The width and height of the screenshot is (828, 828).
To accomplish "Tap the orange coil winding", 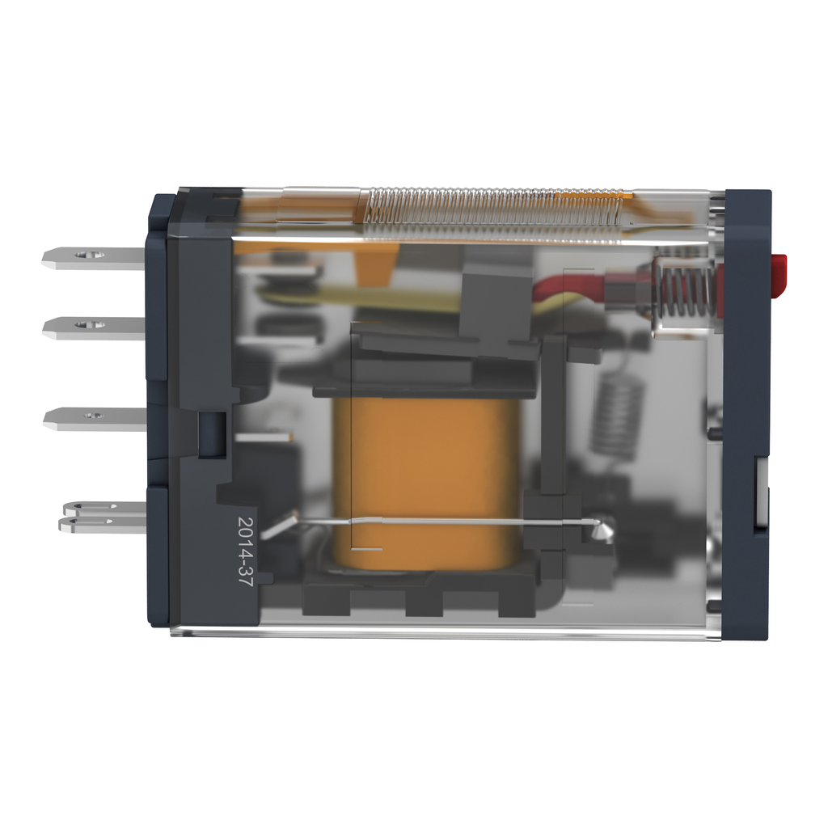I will [x=427, y=477].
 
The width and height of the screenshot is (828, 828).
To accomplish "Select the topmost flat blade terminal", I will [x=93, y=257].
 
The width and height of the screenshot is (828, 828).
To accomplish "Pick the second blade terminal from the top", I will [x=93, y=327].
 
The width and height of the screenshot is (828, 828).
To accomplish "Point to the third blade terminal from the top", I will [x=93, y=418].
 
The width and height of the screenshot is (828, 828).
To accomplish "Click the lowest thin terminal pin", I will [x=101, y=525].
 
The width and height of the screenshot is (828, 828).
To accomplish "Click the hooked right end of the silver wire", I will [x=602, y=530].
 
